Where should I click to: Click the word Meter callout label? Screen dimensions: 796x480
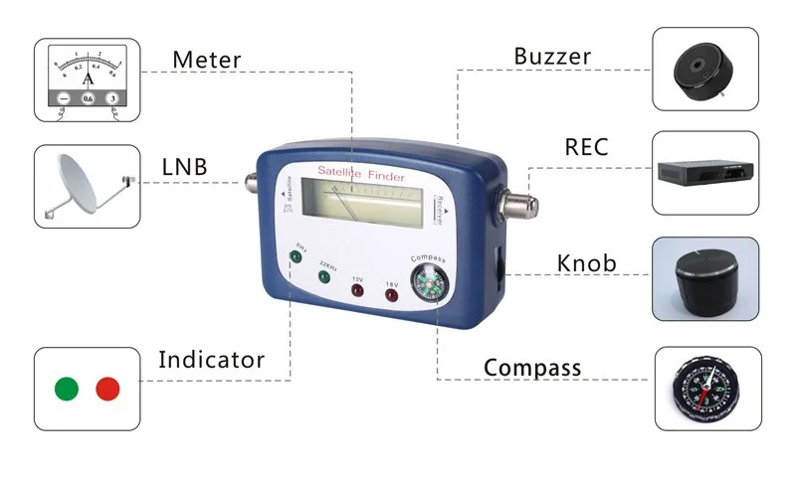pyautogui.click(x=206, y=60)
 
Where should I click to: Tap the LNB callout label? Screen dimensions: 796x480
pyautogui.click(x=184, y=167)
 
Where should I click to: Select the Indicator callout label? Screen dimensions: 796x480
pyautogui.click(x=212, y=359)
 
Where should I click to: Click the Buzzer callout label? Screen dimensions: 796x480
pyautogui.click(x=553, y=56)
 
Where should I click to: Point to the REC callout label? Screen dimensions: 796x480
pyautogui.click(x=586, y=148)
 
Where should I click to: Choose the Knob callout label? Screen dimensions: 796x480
pyautogui.click(x=586, y=263)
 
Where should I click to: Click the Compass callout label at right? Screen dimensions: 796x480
pyautogui.click(x=532, y=368)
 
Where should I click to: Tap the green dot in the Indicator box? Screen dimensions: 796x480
pyautogui.click(x=67, y=389)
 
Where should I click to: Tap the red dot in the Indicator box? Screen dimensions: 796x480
pyautogui.click(x=107, y=389)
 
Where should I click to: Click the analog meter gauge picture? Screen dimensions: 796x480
pyautogui.click(x=87, y=80)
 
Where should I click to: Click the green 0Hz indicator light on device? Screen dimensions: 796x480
pyautogui.click(x=295, y=256)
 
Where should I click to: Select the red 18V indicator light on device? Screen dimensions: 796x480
pyautogui.click(x=392, y=296)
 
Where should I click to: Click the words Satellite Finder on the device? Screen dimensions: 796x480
pyautogui.click(x=359, y=174)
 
